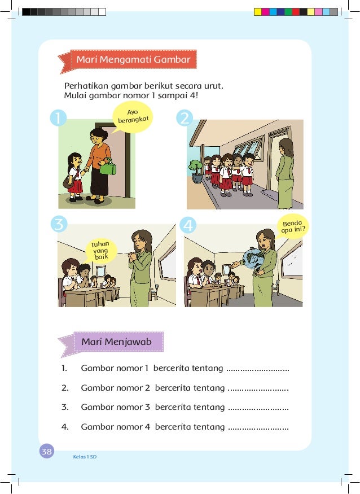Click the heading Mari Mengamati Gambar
[x=134, y=59]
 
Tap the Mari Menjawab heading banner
[x=117, y=342]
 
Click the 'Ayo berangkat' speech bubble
[x=133, y=116]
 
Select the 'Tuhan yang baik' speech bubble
[x=100, y=250]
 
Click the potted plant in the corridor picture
[x=196, y=170]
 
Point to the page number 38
[x=47, y=451]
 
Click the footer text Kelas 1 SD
[x=85, y=456]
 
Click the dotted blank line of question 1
[x=257, y=370]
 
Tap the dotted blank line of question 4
[x=258, y=427]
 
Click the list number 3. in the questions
[x=65, y=407]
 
